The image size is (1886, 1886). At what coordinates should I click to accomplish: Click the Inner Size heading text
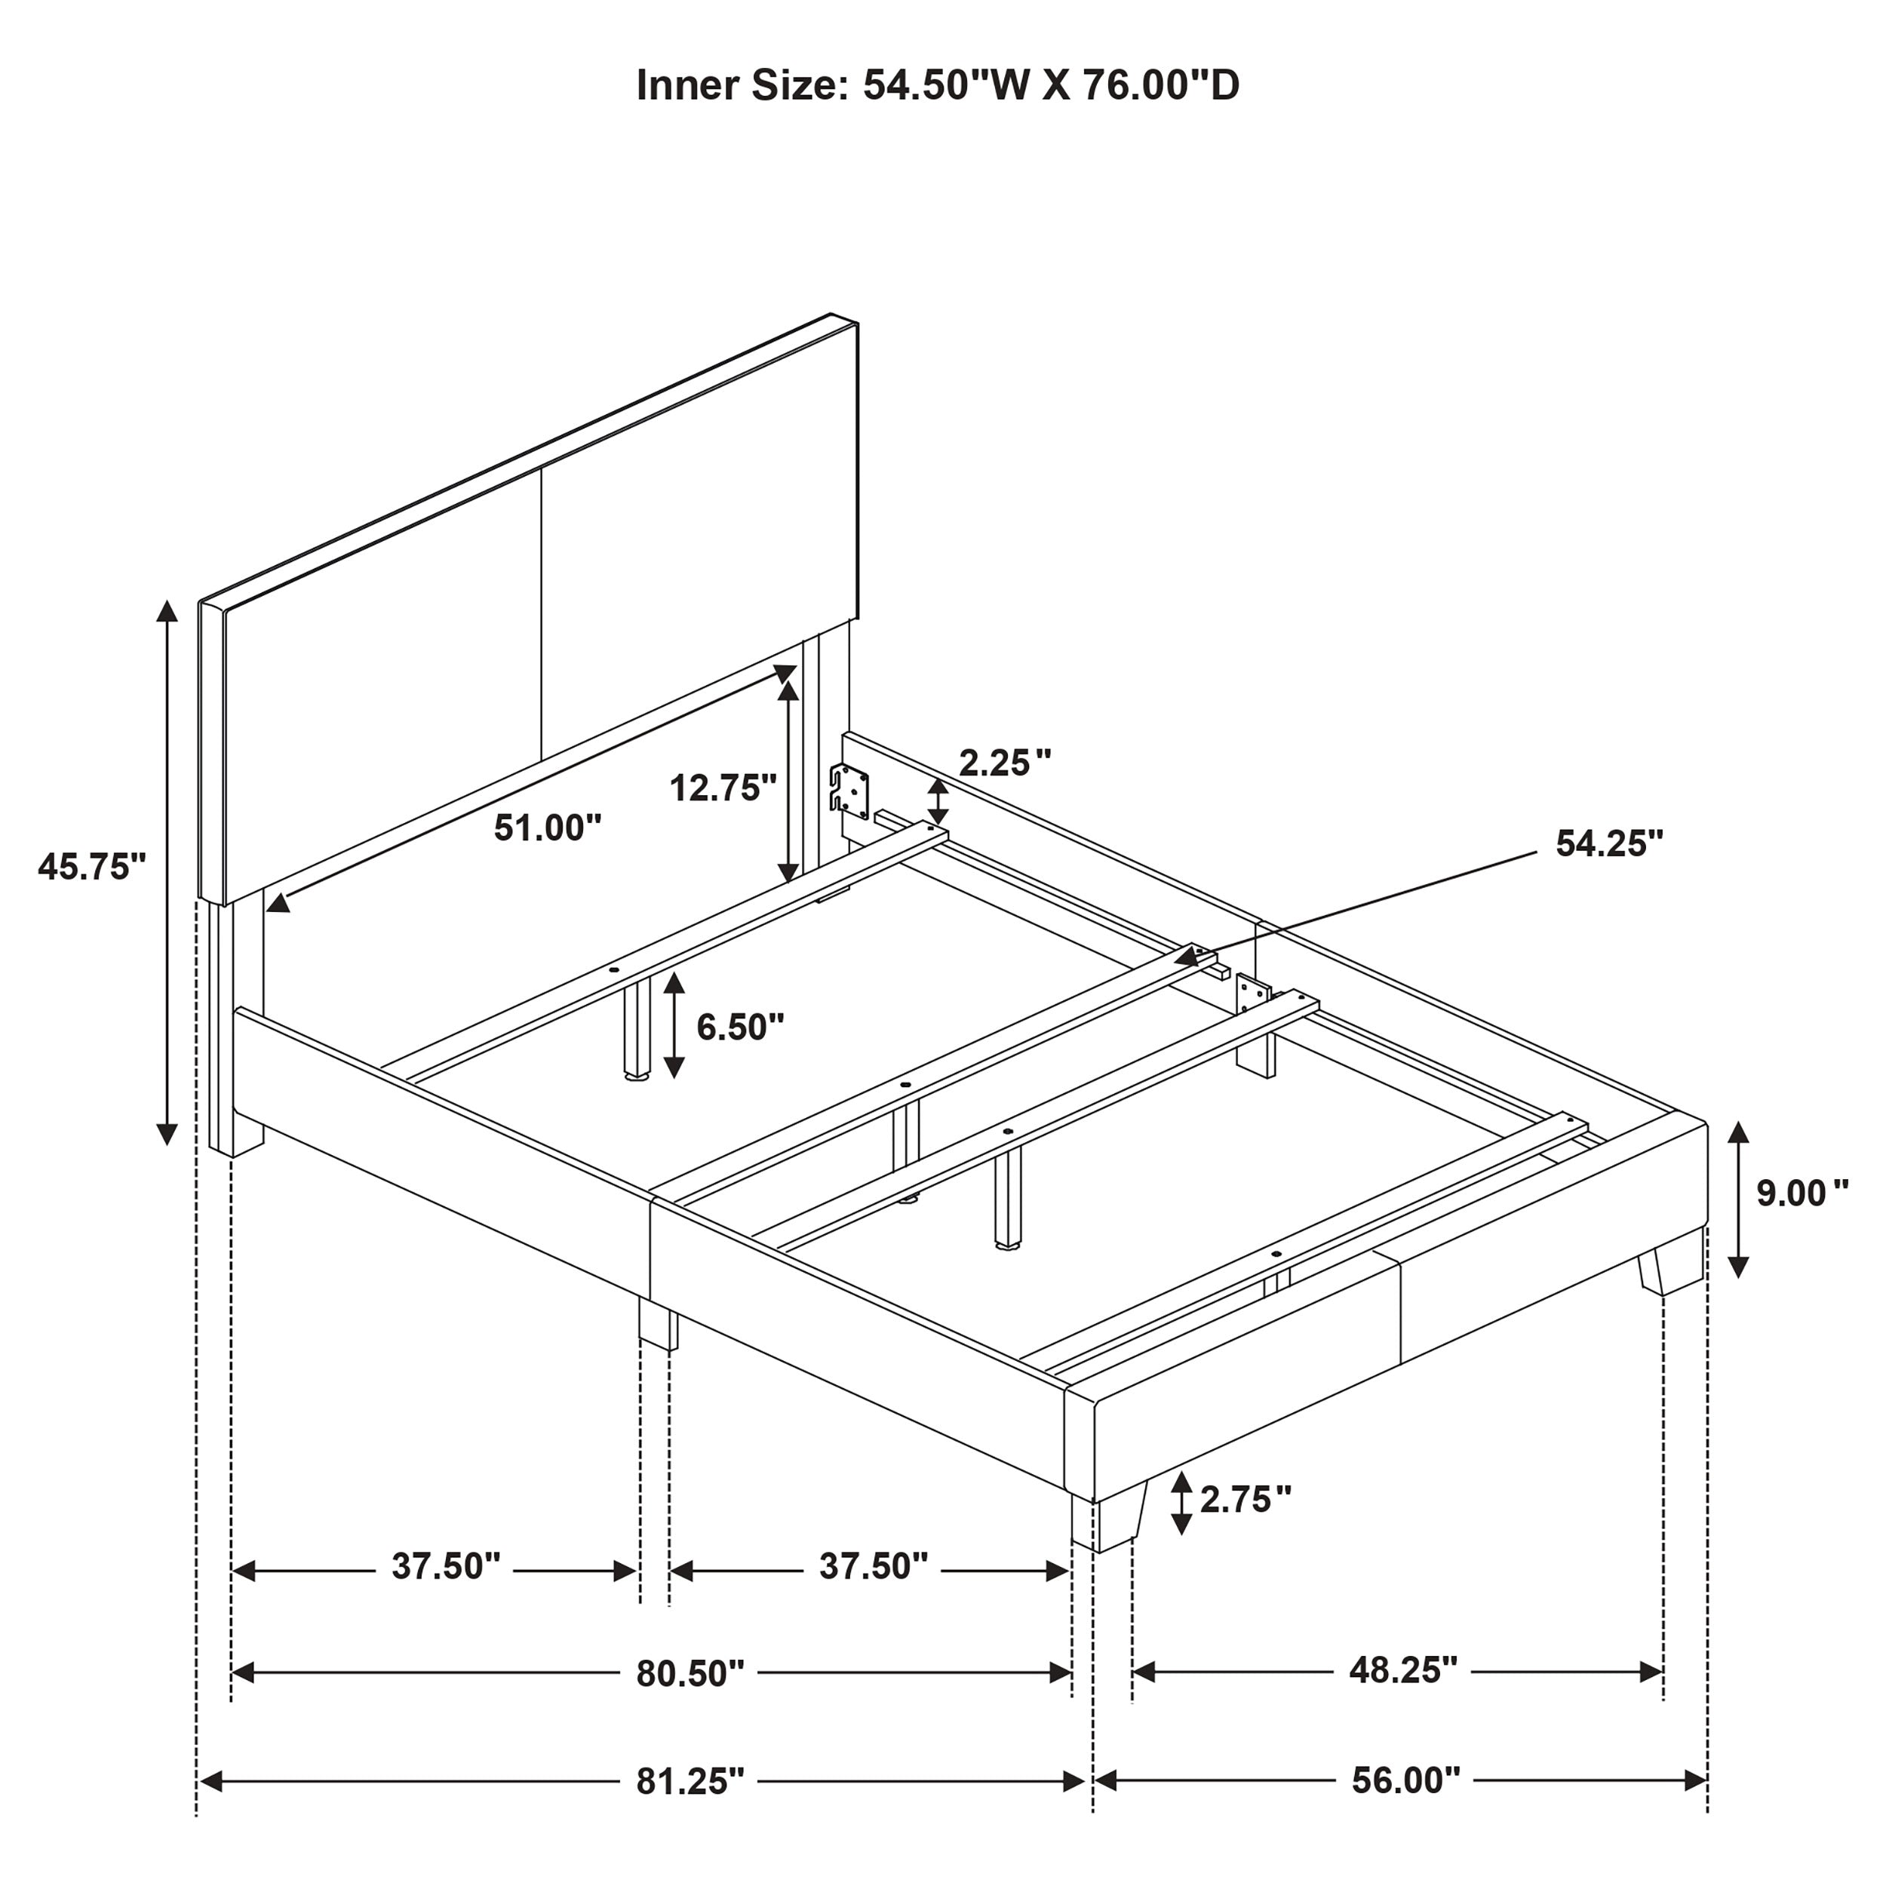tap(937, 86)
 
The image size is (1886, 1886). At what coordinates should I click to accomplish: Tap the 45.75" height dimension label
tap(92, 866)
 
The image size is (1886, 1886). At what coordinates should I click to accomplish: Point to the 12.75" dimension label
tap(723, 787)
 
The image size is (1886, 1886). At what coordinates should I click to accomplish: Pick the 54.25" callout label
tap(1610, 843)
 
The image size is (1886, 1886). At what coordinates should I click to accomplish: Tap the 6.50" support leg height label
tap(740, 1026)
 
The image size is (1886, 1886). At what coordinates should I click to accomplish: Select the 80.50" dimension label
tap(690, 1673)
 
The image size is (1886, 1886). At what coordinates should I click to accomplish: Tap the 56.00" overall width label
tap(1405, 1780)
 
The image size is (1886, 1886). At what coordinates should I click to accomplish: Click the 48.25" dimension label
tap(1402, 1670)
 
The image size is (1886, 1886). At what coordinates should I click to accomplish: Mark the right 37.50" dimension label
tap(873, 1566)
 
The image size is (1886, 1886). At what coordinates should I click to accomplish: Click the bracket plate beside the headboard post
tap(849, 791)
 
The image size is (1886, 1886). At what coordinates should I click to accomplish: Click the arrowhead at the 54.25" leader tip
tap(1187, 959)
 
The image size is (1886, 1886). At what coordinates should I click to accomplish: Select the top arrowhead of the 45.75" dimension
tap(168, 612)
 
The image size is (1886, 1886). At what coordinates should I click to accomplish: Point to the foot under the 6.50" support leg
tap(637, 1080)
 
